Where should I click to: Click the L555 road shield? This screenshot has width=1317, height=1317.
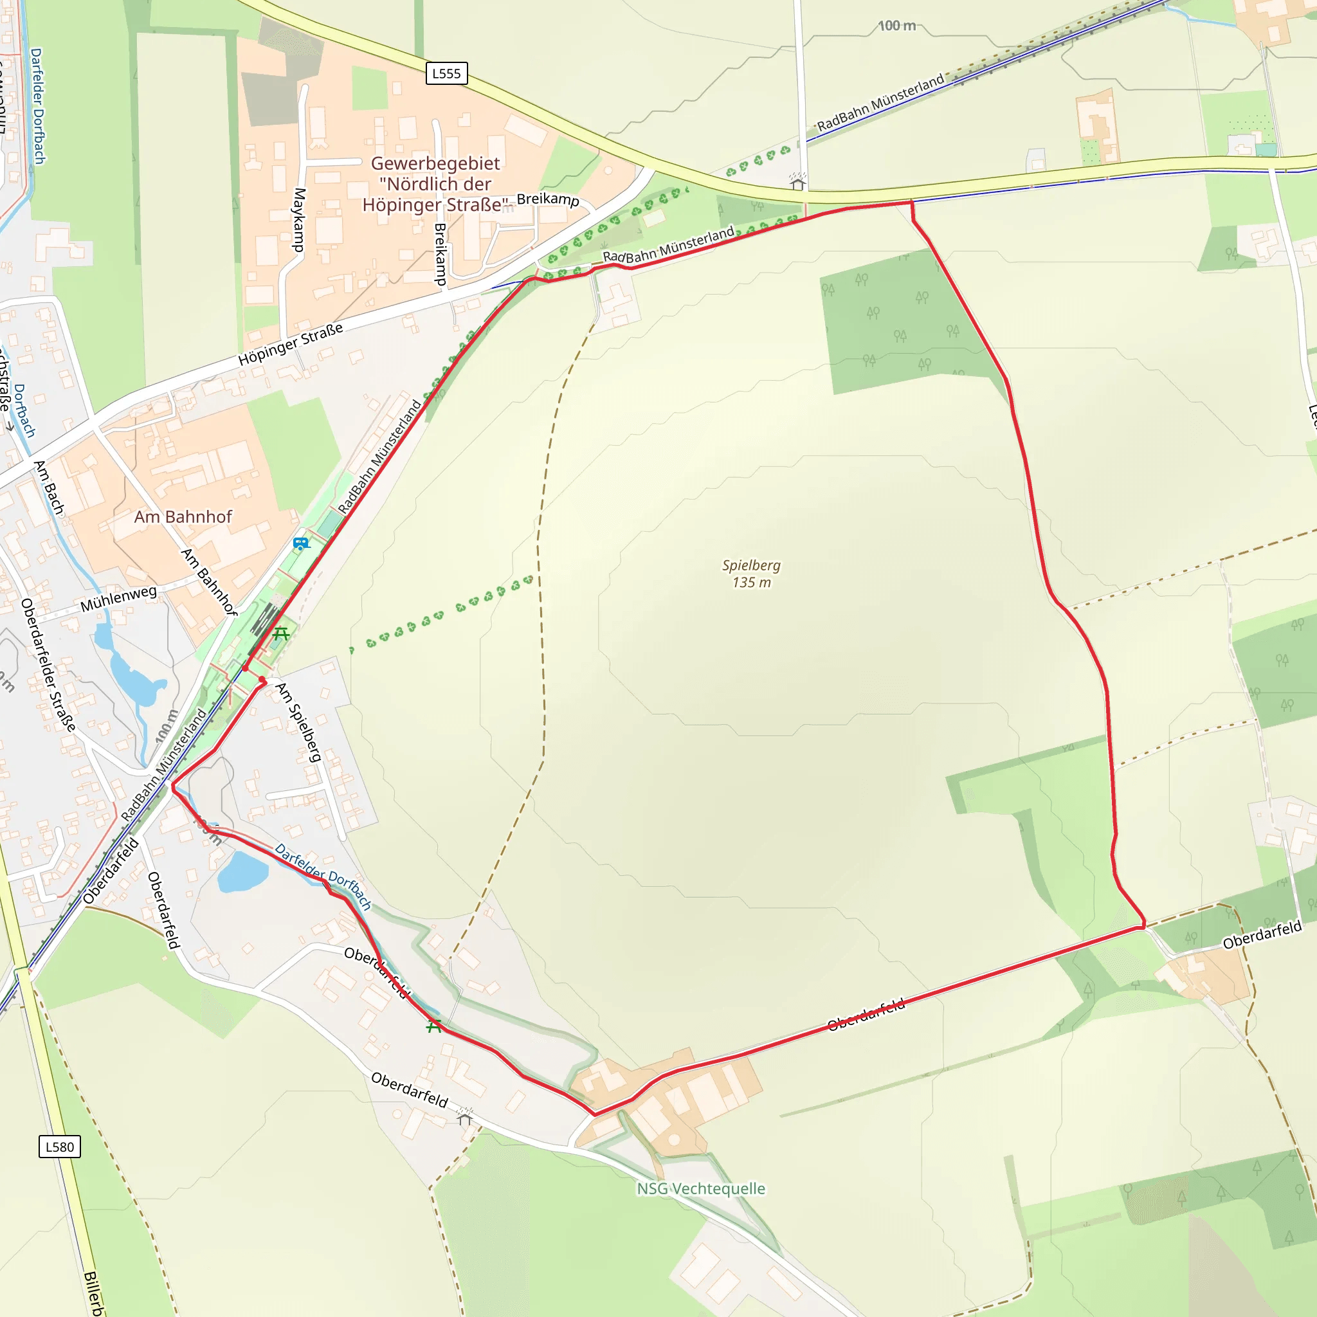coord(446,73)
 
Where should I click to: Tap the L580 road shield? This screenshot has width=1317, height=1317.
coord(59,1147)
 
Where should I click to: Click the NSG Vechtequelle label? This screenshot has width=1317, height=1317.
coord(701,1188)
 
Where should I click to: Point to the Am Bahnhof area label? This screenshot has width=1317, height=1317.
coord(183,517)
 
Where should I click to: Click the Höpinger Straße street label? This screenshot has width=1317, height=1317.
coord(291,344)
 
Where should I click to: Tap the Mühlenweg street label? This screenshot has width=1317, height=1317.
coord(118,599)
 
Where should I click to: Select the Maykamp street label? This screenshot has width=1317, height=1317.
coord(298,219)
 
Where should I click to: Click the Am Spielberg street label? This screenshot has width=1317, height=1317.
coord(298,722)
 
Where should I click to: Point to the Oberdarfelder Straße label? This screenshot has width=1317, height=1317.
coord(48,665)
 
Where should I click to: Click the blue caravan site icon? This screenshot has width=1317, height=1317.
coord(300,543)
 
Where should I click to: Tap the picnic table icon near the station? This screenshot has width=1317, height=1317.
coord(281,634)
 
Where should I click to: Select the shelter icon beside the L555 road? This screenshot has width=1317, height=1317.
coord(797,183)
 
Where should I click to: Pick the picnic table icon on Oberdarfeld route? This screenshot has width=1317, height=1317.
coord(434,1026)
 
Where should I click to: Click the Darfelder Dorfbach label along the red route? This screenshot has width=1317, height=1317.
coord(323,876)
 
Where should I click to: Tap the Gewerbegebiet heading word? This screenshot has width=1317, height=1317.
coord(435,163)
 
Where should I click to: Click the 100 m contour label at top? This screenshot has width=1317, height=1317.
coord(896,26)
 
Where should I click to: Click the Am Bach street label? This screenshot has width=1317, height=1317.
coord(49,487)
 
